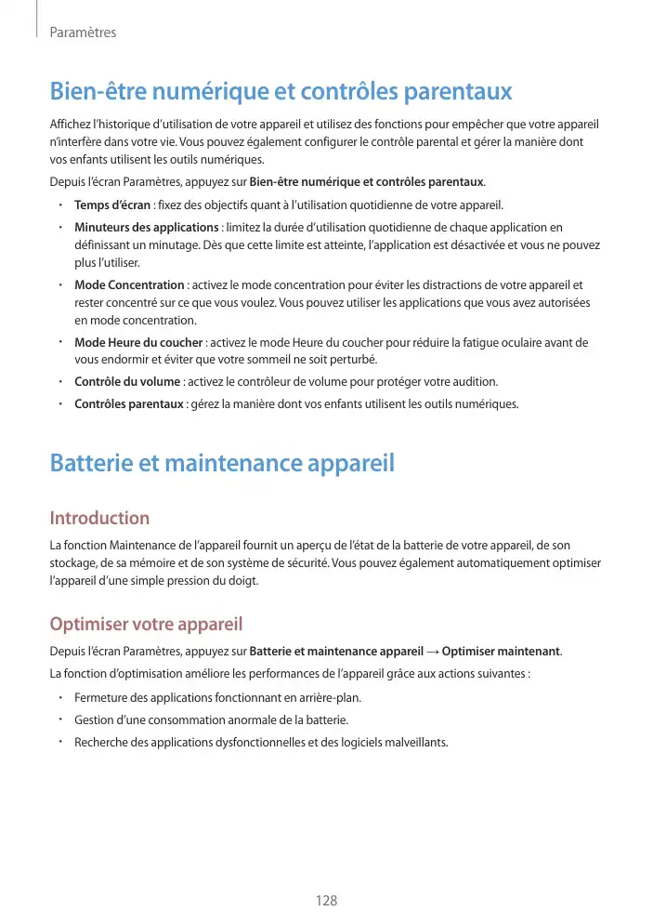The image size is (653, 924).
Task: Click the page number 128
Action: click(325, 902)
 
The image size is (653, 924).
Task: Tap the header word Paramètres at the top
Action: click(83, 33)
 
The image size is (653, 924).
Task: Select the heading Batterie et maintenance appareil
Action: click(222, 462)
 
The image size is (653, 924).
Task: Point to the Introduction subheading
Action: click(99, 518)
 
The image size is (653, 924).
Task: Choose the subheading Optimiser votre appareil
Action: click(146, 623)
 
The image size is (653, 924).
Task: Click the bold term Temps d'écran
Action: click(112, 205)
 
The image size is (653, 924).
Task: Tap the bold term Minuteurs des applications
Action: click(146, 228)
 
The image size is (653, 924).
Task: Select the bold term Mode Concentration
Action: click(129, 285)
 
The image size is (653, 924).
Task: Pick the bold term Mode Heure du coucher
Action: click(138, 343)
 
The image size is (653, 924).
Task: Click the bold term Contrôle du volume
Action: click(127, 382)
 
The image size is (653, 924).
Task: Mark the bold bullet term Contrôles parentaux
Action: click(128, 404)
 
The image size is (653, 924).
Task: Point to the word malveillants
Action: click(416, 742)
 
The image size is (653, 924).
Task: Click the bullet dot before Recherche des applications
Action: click(59, 742)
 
